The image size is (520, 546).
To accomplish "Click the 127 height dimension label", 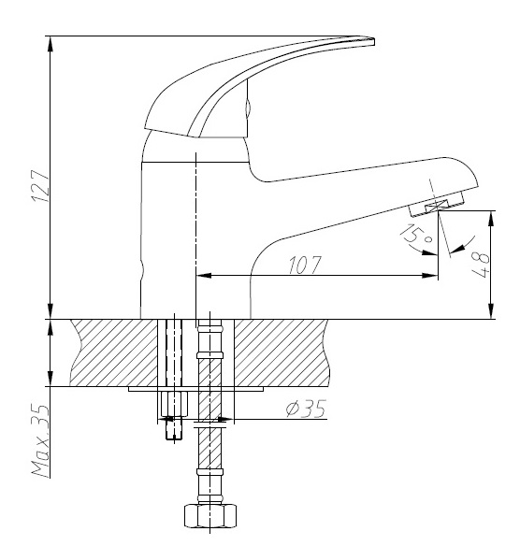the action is coord(41,186).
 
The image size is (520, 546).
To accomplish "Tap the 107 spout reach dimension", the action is coord(304,265).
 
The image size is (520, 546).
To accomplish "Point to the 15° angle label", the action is coord(416,234).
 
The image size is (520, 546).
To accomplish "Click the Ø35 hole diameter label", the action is coord(306,409).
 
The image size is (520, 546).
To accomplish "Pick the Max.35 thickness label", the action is coord(41,440).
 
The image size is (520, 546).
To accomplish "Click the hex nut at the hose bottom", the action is coord(210,515).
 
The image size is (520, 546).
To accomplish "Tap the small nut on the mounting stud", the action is coord(174,404).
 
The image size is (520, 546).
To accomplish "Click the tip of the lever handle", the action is coord(374,41).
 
